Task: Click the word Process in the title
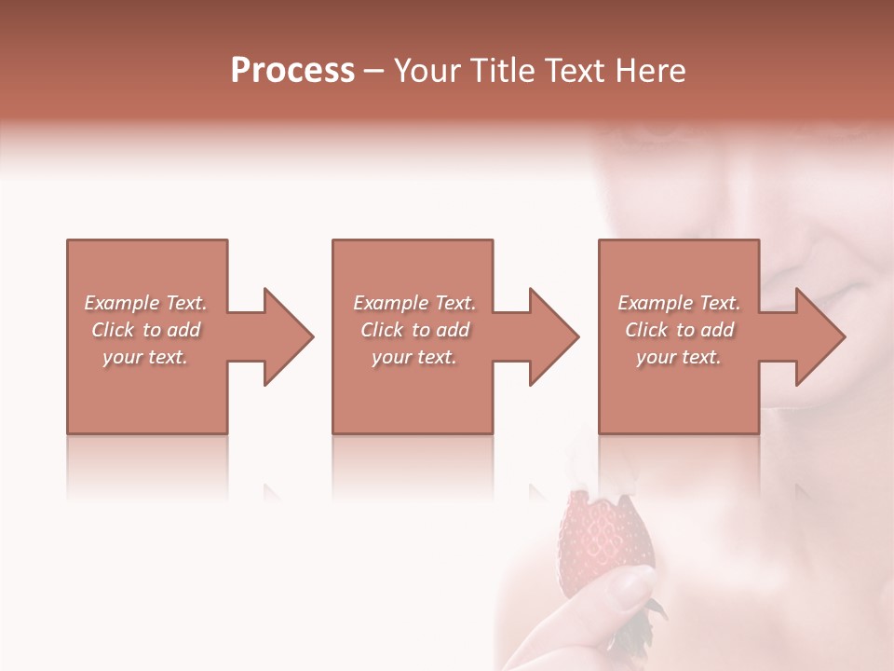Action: coord(292,71)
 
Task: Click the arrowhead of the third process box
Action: coord(819,336)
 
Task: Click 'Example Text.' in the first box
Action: coord(145,303)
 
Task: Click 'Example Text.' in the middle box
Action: coord(414,303)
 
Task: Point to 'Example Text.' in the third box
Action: coord(679,303)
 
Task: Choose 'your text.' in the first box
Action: coord(145,357)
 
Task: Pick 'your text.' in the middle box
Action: coord(414,357)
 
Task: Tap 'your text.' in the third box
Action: coord(679,357)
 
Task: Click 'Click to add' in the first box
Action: coord(145,330)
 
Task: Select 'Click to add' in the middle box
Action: coord(414,330)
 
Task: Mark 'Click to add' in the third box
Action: coord(679,330)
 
